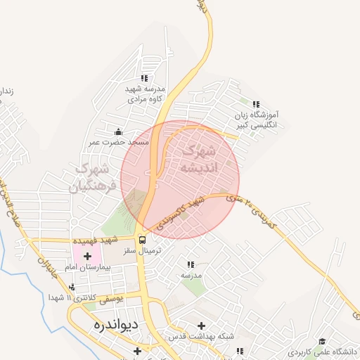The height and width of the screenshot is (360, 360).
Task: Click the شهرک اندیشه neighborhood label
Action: (x=200, y=159)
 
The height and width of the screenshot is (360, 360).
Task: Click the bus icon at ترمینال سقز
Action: (x=143, y=239)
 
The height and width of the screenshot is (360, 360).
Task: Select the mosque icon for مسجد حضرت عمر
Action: (x=118, y=131)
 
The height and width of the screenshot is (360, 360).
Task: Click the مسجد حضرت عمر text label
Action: (x=119, y=142)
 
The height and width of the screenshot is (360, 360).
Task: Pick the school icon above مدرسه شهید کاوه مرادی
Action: (x=144, y=78)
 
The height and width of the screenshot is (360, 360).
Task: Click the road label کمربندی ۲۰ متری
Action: (x=254, y=212)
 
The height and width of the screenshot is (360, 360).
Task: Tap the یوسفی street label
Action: (x=110, y=298)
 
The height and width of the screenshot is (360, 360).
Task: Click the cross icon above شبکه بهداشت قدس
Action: (x=202, y=326)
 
